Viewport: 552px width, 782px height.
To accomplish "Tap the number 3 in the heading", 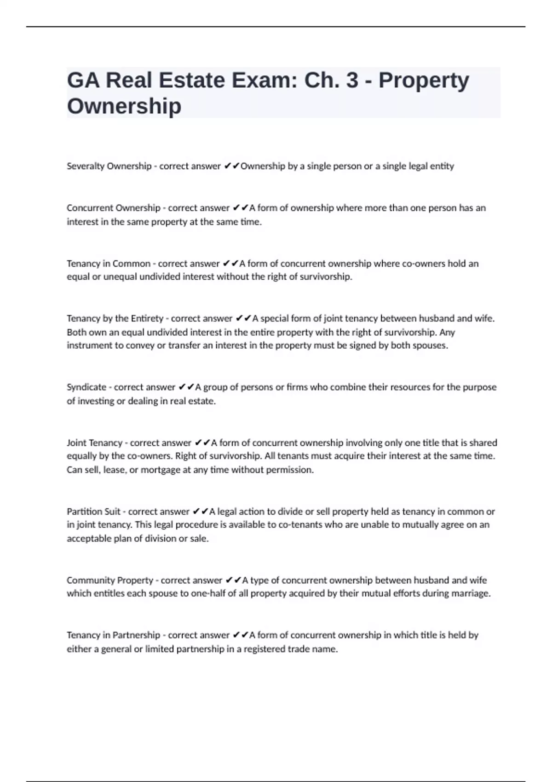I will click(352, 80).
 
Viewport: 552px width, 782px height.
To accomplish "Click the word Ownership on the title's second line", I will click(124, 106).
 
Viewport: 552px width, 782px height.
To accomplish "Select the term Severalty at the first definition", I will click(86, 166).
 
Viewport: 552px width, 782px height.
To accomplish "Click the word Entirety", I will click(147, 318).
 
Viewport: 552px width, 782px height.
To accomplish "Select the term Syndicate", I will click(86, 387).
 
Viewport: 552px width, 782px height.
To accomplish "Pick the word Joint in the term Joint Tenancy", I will click(76, 443).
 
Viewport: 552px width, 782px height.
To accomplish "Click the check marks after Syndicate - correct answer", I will click(186, 387).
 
